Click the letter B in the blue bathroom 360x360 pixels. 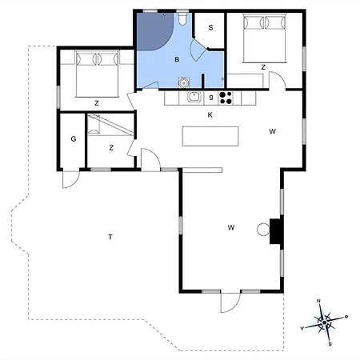point(178,59)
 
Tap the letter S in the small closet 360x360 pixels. point(211,28)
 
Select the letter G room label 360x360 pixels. point(73,139)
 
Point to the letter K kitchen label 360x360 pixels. point(210,115)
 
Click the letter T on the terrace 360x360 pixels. point(110,236)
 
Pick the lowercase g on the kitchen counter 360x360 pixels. point(210,98)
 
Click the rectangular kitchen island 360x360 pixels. point(211,136)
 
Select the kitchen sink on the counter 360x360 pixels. point(193,98)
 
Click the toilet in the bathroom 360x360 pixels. point(184,17)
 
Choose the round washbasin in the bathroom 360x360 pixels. point(183,81)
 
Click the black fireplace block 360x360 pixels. point(276,230)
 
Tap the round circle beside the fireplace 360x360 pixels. point(262,230)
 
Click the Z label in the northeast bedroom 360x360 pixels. point(262,67)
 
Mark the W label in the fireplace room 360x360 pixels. point(231,228)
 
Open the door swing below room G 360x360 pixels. point(70,178)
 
